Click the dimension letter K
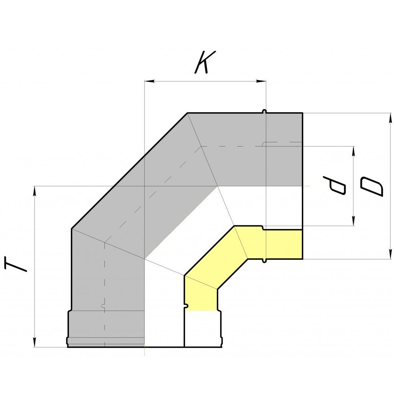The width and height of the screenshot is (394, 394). pos(205,62)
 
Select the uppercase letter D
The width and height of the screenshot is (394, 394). pos(372,186)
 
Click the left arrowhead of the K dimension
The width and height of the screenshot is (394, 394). pos(149,81)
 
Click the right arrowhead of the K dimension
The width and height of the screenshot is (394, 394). pos(261,81)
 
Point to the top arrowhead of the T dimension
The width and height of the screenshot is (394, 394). pos(34,191)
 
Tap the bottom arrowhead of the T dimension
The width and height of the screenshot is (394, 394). pos(34,342)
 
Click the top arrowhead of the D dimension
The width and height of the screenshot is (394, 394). pos(390,118)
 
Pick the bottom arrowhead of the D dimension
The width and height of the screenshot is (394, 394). pos(390,254)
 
